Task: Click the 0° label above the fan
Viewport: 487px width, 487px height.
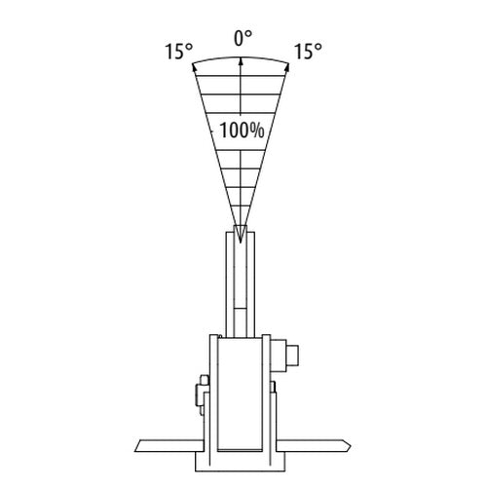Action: [x=243, y=39]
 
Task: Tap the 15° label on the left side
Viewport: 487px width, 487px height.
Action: [x=179, y=52]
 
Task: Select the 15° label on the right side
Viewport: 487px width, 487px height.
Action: [x=308, y=52]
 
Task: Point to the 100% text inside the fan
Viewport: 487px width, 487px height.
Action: [x=242, y=131]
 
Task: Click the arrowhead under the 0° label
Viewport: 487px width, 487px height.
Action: [x=241, y=61]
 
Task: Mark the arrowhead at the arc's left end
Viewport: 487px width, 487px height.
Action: [x=195, y=66]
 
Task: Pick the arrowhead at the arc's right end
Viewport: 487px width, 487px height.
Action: [x=286, y=67]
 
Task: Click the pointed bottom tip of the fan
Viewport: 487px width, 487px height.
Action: [x=241, y=243]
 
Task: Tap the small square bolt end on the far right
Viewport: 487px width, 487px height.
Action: [x=293, y=356]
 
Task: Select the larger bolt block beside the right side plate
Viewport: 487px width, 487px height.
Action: [x=280, y=356]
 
